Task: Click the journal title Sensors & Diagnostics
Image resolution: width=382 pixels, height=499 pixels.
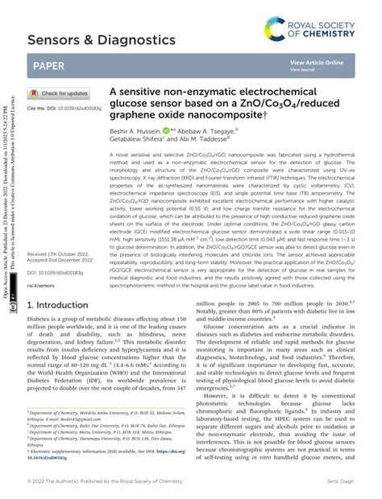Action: pyautogui.click(x=102, y=39)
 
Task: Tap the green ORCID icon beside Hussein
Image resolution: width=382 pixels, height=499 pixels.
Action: pyautogui.click(x=166, y=129)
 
